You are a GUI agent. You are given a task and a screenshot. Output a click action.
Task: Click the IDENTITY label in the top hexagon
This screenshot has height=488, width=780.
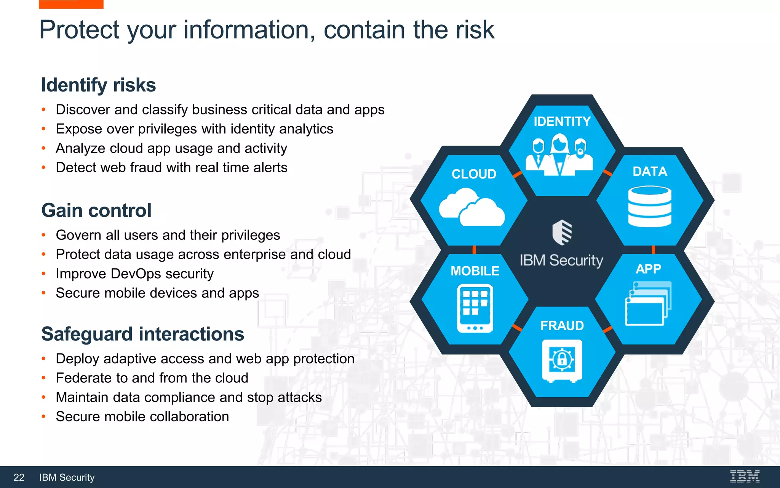coord(562,122)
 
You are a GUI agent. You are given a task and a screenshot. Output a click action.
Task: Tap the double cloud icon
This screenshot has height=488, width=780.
coord(472,208)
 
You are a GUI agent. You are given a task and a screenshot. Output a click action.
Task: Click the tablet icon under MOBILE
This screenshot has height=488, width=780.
coord(475,308)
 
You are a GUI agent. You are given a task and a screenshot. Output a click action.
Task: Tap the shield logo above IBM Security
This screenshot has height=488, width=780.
coord(562,232)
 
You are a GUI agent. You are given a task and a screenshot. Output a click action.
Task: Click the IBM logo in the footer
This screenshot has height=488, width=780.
coord(745,477)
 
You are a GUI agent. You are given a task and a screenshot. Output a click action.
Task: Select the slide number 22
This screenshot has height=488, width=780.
coord(19,477)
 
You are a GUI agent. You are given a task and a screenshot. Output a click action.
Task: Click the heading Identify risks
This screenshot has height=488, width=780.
coord(98,85)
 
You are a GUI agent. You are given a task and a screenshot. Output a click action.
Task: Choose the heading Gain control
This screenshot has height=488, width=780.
coord(96,210)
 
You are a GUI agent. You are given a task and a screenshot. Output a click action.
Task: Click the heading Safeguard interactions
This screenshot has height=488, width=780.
coord(142,334)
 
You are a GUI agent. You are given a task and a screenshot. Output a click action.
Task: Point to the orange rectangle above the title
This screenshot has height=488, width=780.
coord(71,4)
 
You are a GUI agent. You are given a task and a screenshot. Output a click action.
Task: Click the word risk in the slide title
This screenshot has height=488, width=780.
coord(474,30)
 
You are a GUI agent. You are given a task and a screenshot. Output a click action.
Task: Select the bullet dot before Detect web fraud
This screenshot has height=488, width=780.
coord(44,167)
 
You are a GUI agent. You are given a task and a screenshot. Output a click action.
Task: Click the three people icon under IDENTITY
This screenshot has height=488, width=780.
coord(559,154)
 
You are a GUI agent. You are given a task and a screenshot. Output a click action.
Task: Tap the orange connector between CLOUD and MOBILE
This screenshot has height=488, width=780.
coord(474,250)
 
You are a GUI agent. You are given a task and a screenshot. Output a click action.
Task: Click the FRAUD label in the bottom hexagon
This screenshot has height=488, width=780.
coord(562,326)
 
